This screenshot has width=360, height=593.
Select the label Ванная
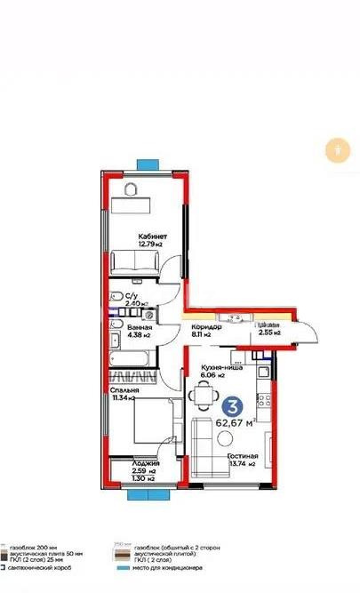pos(139,328)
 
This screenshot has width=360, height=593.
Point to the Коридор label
pos(207,327)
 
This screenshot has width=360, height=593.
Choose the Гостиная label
pos(241,454)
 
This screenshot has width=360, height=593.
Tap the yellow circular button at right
pos(338,150)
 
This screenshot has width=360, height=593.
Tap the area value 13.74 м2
pos(241,463)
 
